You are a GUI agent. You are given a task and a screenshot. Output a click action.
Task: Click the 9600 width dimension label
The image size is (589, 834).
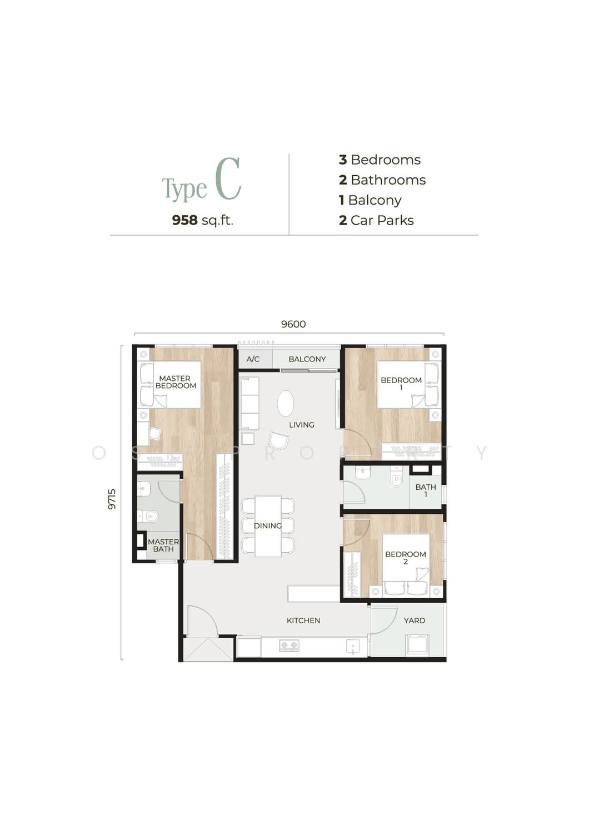click(x=293, y=324)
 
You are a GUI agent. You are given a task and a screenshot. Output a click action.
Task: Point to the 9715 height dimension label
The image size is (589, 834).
click(x=112, y=499)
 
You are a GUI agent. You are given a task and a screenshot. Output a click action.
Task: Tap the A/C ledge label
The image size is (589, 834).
click(x=253, y=359)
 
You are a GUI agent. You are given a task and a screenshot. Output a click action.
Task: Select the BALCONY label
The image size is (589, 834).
click(x=307, y=359)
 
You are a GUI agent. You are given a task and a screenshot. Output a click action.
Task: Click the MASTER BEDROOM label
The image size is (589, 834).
click(x=176, y=382)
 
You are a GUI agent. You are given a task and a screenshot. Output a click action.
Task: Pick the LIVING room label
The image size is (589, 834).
click(x=301, y=424)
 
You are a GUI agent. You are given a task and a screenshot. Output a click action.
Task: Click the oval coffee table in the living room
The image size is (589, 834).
click(x=286, y=403)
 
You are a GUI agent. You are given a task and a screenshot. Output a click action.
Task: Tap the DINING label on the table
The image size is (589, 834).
click(x=267, y=525)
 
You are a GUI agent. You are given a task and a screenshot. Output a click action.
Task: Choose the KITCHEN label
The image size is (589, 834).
click(x=303, y=620)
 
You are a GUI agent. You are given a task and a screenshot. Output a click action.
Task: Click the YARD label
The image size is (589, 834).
click(x=414, y=620)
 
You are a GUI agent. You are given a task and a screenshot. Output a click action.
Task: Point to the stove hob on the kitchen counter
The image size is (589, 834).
click(x=289, y=646)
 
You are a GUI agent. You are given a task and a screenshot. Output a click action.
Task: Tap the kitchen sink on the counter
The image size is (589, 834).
click(x=352, y=646)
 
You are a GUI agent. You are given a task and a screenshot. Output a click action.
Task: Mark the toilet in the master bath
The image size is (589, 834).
click(x=148, y=516)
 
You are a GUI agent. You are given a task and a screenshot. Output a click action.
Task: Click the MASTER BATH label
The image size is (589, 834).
click(x=163, y=545)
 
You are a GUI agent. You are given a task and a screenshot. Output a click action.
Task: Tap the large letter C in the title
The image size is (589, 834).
click(x=228, y=178)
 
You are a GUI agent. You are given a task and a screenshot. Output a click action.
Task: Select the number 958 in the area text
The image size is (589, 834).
click(x=184, y=220)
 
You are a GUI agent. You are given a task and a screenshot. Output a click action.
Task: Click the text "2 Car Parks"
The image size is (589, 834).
click(x=376, y=220)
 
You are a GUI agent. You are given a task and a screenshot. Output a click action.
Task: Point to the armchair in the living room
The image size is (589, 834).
click(x=278, y=441)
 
